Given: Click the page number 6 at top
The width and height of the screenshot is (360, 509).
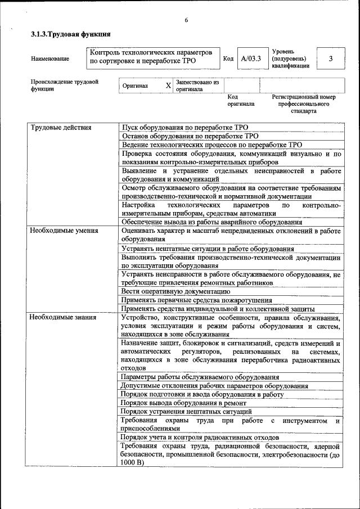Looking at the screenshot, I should [186, 20].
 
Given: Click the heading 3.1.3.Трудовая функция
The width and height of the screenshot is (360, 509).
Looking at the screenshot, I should [70, 35].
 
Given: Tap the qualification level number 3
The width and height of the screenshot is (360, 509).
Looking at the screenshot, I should [330, 58].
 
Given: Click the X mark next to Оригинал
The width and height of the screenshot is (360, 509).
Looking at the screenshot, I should [168, 85].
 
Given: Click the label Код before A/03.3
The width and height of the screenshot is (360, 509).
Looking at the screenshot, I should [228, 58].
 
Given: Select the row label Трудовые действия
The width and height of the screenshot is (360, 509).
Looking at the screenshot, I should [61, 128].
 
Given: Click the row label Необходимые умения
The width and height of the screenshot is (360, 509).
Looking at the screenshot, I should [65, 230].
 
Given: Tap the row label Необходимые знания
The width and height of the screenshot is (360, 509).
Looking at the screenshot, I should [64, 317].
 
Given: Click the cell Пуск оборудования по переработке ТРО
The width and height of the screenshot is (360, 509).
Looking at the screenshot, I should [184, 128].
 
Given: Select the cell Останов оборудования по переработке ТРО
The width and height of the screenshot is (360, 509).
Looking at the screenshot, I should [190, 136].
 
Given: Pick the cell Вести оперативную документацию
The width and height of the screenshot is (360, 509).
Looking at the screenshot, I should [175, 291].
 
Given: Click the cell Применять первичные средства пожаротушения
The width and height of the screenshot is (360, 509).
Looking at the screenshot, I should [196, 300].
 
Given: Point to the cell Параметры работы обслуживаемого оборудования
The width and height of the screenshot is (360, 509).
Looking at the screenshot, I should [200, 377].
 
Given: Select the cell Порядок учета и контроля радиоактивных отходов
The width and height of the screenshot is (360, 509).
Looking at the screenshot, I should [199, 437].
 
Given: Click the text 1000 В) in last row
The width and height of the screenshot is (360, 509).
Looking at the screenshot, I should [133, 462].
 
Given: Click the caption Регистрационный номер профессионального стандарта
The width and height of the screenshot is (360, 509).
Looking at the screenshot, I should [304, 104].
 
